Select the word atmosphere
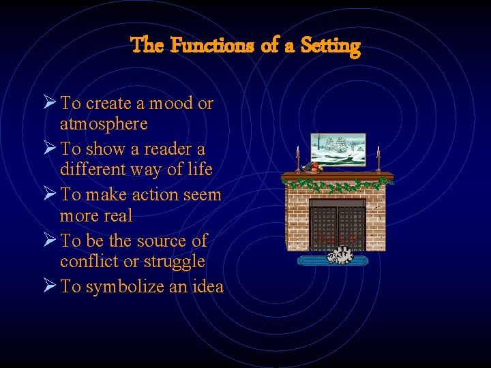[x=103, y=124]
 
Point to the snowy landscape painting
[x=338, y=149]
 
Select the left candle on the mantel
[x=297, y=159]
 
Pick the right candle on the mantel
[x=378, y=159]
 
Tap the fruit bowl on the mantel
[x=315, y=168]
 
